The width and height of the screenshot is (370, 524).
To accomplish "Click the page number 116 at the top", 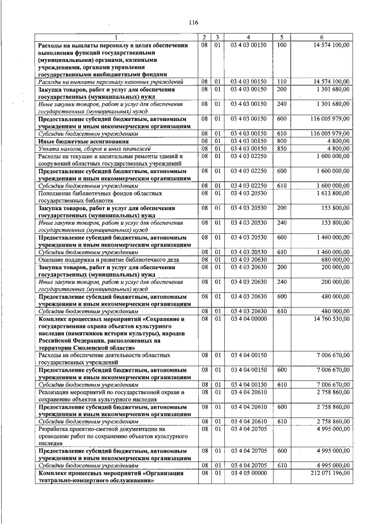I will (193, 23).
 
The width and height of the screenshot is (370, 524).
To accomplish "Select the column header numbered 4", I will (248, 37).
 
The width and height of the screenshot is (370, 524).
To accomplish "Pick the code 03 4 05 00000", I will (248, 473).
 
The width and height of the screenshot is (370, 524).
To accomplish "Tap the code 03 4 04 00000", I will (248, 318).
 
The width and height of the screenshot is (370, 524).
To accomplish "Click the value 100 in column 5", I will (282, 45).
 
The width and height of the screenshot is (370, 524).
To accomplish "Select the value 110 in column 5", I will (282, 82).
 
